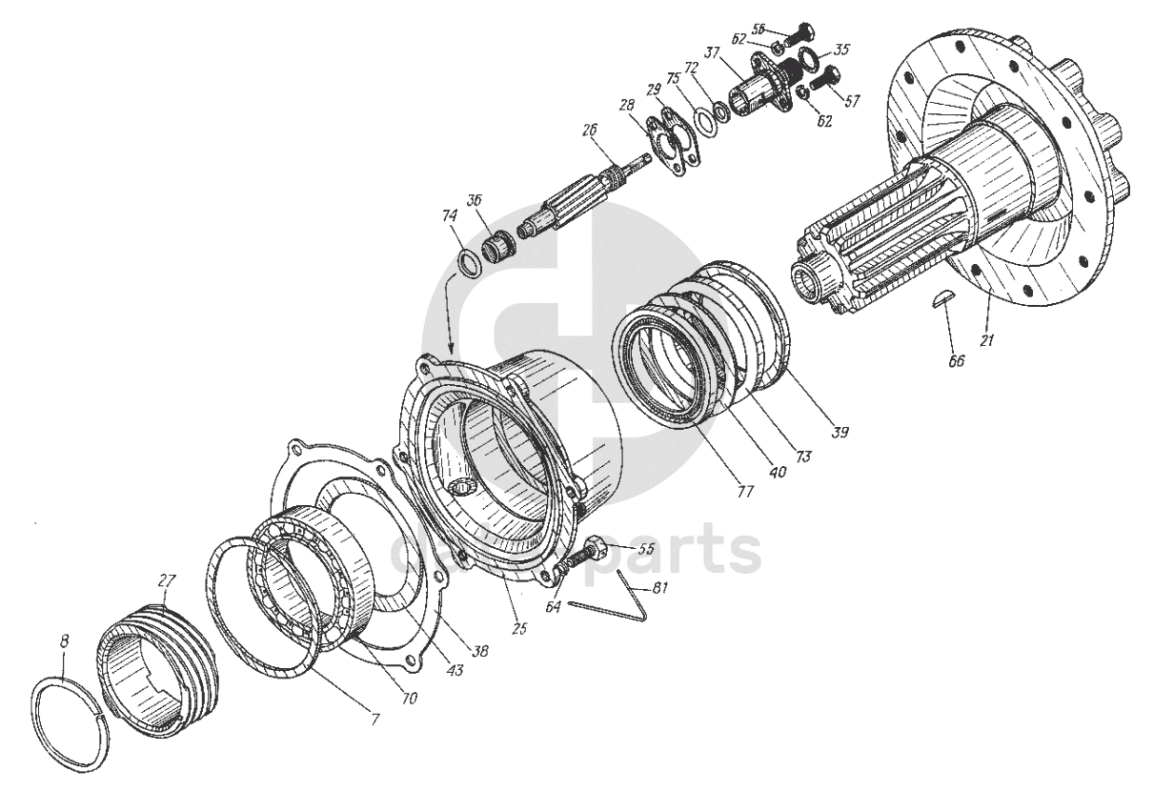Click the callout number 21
coord(986,339)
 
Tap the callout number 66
coord(956,361)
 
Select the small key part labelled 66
coord(941,299)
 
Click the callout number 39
coord(839,432)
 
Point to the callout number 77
coord(745,493)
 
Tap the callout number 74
coord(448,216)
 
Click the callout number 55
coord(645,550)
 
